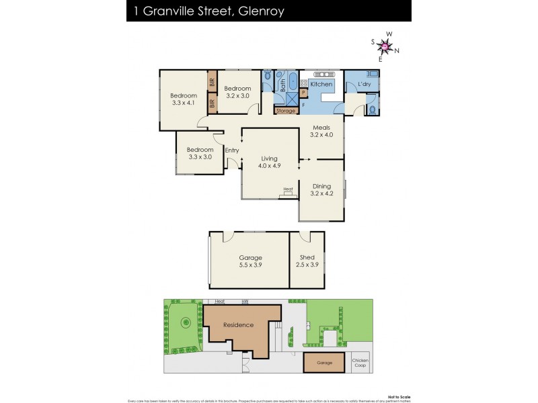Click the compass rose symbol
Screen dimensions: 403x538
click(385, 46)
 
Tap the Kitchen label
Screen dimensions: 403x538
click(321, 84)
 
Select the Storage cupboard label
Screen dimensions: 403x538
click(286, 110)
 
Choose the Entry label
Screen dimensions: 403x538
click(232, 150)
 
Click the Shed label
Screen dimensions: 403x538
click(307, 257)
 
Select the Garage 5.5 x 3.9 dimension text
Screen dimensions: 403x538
click(250, 265)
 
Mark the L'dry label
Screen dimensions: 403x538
click(364, 84)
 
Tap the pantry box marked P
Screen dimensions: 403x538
click(304, 93)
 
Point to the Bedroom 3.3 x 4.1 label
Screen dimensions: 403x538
click(183, 99)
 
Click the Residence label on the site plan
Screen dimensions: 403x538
click(239, 325)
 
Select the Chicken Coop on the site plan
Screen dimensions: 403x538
click(360, 363)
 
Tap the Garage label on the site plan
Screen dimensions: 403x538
click(325, 363)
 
